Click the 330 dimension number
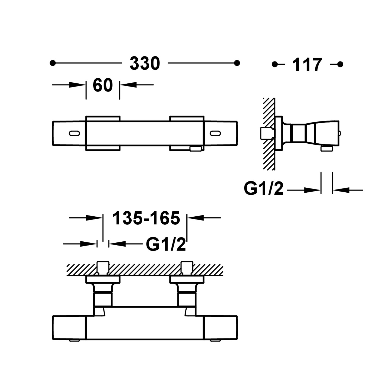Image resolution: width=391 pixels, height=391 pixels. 145,64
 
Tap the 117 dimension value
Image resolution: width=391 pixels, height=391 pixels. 307,65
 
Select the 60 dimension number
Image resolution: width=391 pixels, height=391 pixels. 103,85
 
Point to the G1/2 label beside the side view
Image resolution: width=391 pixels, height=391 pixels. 264,188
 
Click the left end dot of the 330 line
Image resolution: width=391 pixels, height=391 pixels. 53,63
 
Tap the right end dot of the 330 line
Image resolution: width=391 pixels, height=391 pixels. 237,63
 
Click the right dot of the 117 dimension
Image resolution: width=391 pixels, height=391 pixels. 340,64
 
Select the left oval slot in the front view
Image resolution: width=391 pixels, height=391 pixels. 75,133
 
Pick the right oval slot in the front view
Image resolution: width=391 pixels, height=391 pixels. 215,133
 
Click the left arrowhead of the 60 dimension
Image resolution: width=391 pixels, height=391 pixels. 77,85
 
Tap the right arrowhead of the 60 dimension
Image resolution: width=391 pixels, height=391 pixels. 128,85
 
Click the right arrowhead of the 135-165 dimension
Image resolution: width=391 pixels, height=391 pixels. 195,218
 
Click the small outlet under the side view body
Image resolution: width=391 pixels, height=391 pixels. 327,149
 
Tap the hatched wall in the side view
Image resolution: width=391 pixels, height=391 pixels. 269,134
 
